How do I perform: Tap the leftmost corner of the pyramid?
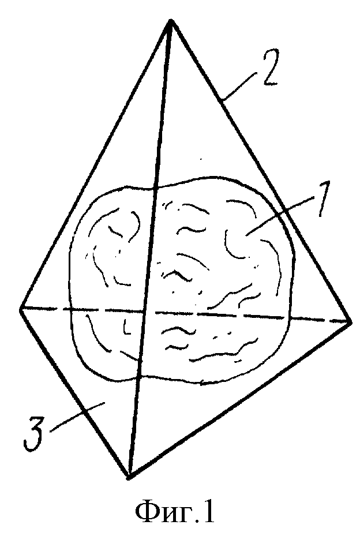tap(21, 308)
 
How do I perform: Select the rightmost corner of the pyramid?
tap(350, 322)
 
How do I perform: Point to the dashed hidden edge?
tap(185, 315)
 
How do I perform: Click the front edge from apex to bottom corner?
tap(150, 249)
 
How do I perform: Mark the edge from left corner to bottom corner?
tap(75, 393)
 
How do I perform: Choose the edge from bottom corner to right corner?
tap(240, 400)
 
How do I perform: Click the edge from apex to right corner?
tap(260, 171)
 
